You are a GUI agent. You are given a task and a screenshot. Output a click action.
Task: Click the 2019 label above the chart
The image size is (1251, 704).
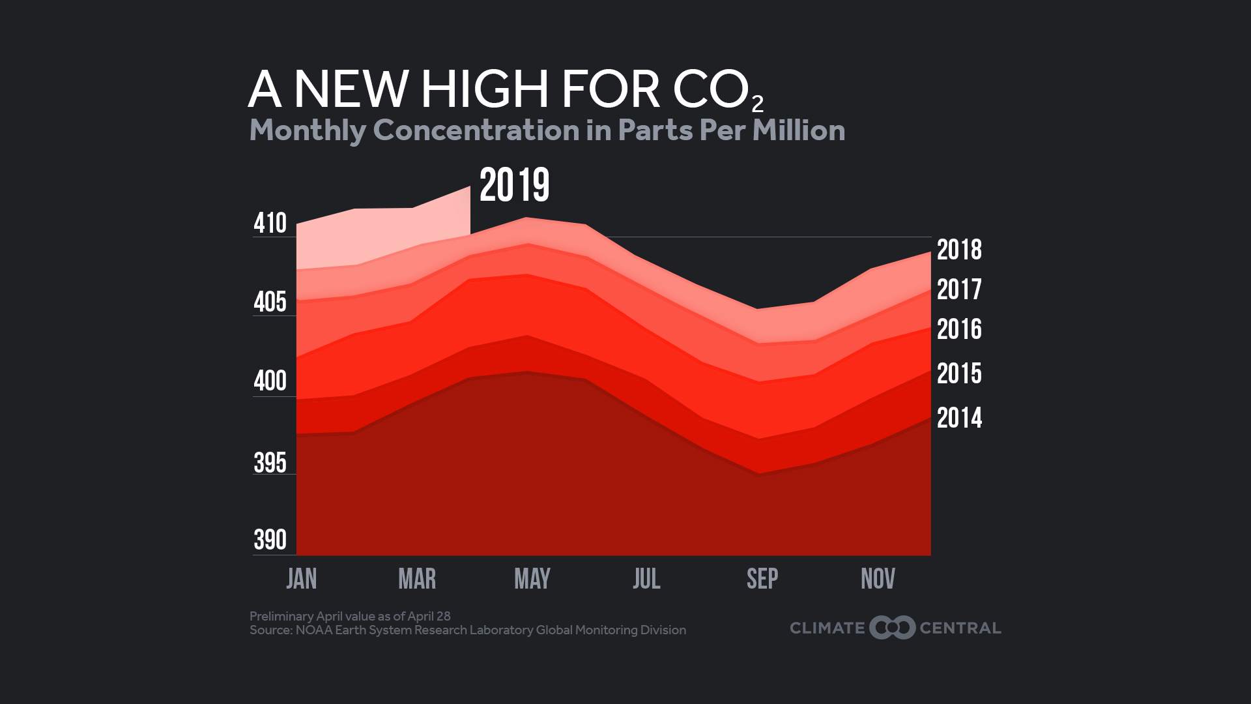click(514, 185)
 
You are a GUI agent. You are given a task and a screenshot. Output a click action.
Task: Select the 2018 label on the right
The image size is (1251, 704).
click(959, 250)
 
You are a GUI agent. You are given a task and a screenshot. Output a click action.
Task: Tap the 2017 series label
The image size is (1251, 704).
click(959, 289)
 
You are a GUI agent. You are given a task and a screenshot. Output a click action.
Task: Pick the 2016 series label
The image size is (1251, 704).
click(959, 329)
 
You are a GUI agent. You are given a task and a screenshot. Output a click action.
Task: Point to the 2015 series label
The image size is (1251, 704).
click(959, 374)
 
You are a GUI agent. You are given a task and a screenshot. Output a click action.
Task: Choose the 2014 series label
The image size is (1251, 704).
click(959, 418)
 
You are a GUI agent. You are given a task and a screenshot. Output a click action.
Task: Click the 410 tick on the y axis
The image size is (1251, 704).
click(270, 223)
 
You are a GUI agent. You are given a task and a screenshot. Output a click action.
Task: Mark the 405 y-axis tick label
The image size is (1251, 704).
click(270, 302)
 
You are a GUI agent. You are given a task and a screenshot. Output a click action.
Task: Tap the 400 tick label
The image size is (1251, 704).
click(270, 381)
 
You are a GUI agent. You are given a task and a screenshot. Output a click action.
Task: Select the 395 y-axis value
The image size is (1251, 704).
click(270, 463)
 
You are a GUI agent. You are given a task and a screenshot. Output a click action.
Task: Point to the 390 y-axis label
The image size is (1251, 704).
click(270, 540)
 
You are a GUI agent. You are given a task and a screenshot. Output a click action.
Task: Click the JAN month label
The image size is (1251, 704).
click(302, 579)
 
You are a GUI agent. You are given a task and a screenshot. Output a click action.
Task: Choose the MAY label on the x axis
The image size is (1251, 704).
click(532, 579)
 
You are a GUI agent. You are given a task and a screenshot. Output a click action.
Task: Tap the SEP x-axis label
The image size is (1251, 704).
click(762, 579)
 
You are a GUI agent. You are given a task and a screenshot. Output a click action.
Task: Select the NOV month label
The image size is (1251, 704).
click(878, 579)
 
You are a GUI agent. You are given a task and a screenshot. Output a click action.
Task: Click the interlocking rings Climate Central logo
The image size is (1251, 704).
click(892, 628)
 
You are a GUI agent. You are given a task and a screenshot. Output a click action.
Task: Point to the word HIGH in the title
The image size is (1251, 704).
click(485, 89)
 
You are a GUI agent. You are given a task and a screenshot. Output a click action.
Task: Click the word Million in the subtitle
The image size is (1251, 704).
click(798, 130)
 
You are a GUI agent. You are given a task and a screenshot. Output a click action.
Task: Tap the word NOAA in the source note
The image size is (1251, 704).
click(313, 630)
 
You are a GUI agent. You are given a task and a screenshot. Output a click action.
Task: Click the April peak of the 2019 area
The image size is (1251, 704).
click(468, 188)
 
